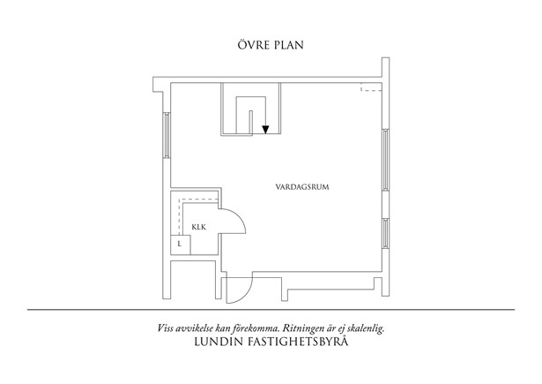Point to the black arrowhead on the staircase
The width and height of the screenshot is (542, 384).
click(265, 130)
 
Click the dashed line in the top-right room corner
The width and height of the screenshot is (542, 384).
click(372, 88)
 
